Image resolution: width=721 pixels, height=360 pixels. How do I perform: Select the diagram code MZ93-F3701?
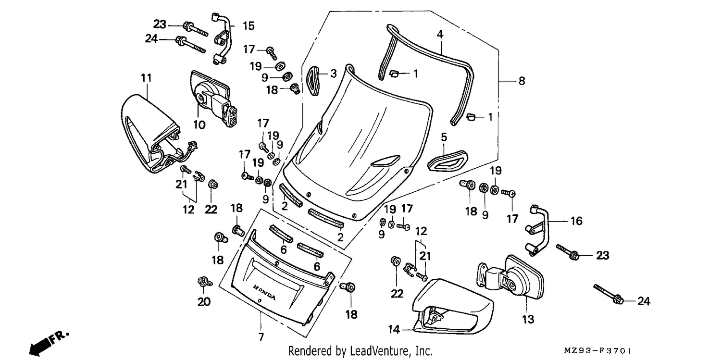[x=597, y=350]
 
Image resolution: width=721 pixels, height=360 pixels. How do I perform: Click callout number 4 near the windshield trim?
[x=440, y=34]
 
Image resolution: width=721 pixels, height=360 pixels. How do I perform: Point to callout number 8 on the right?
[x=522, y=81]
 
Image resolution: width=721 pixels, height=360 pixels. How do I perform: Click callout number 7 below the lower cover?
[x=261, y=337]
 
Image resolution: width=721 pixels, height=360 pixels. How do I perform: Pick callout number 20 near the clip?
[x=204, y=301]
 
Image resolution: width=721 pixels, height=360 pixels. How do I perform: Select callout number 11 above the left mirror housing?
[x=146, y=78]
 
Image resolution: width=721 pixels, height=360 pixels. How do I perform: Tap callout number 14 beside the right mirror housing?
[x=394, y=329]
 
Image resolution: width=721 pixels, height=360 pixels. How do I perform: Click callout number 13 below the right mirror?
[x=528, y=319]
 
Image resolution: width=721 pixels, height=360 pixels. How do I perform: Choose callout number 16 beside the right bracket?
[x=576, y=221]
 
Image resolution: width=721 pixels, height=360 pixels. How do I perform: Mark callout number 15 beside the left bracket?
[x=249, y=26]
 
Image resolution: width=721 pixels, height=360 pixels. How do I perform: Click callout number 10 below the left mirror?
[x=199, y=124]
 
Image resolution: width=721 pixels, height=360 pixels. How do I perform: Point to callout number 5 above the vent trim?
[x=444, y=137]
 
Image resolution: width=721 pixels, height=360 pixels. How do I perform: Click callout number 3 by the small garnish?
[x=334, y=74]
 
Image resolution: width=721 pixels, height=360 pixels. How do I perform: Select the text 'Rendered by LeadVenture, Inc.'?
[x=360, y=350]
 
